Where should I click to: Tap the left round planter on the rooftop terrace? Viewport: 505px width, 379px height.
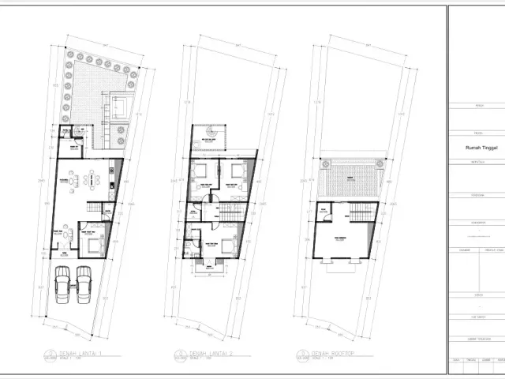click(x=322, y=164)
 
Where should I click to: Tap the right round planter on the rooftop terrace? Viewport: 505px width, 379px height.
click(x=381, y=164)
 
